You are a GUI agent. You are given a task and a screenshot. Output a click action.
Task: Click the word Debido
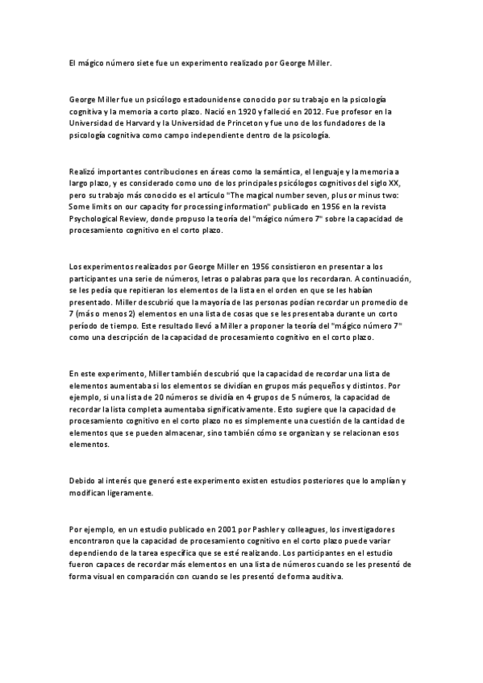tap(83, 481)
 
